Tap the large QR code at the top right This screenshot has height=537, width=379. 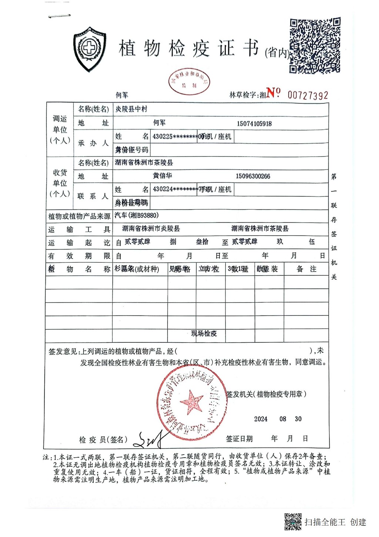[315, 46]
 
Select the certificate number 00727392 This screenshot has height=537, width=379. [308, 96]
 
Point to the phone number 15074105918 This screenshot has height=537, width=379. [254, 123]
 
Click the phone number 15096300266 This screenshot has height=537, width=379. [253, 176]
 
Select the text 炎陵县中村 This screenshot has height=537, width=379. [131, 109]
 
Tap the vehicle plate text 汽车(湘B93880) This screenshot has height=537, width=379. [137, 215]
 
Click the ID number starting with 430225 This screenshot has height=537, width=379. [174, 136]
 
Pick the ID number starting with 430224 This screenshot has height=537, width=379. [174, 189]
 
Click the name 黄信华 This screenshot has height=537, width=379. [162, 176]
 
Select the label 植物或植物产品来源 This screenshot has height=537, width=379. [79, 216]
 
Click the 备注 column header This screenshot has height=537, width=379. [306, 269]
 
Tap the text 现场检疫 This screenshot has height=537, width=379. [204, 333]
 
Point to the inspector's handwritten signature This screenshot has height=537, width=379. [150, 440]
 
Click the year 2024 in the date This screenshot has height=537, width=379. [261, 419]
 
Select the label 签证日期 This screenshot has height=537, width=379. [239, 439]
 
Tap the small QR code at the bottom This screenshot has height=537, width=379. [293, 521]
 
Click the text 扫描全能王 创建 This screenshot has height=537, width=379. [335, 522]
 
